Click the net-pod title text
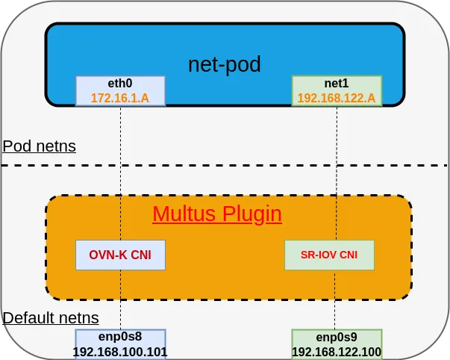pos(225,64)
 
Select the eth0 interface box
pos(120,90)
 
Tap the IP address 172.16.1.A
pos(120,98)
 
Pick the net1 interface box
pos(337,90)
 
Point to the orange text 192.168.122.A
pos(337,98)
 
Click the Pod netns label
pos(39,146)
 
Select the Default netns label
pos(51,319)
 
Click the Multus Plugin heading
pos(217,214)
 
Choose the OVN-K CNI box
pos(120,255)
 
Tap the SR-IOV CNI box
pos(329,255)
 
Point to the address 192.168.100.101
pos(120,352)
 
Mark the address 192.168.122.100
pos(337,353)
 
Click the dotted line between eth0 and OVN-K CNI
pos(120,172)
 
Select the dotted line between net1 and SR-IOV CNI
pos(337,172)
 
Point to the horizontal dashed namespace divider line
pos(224,165)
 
